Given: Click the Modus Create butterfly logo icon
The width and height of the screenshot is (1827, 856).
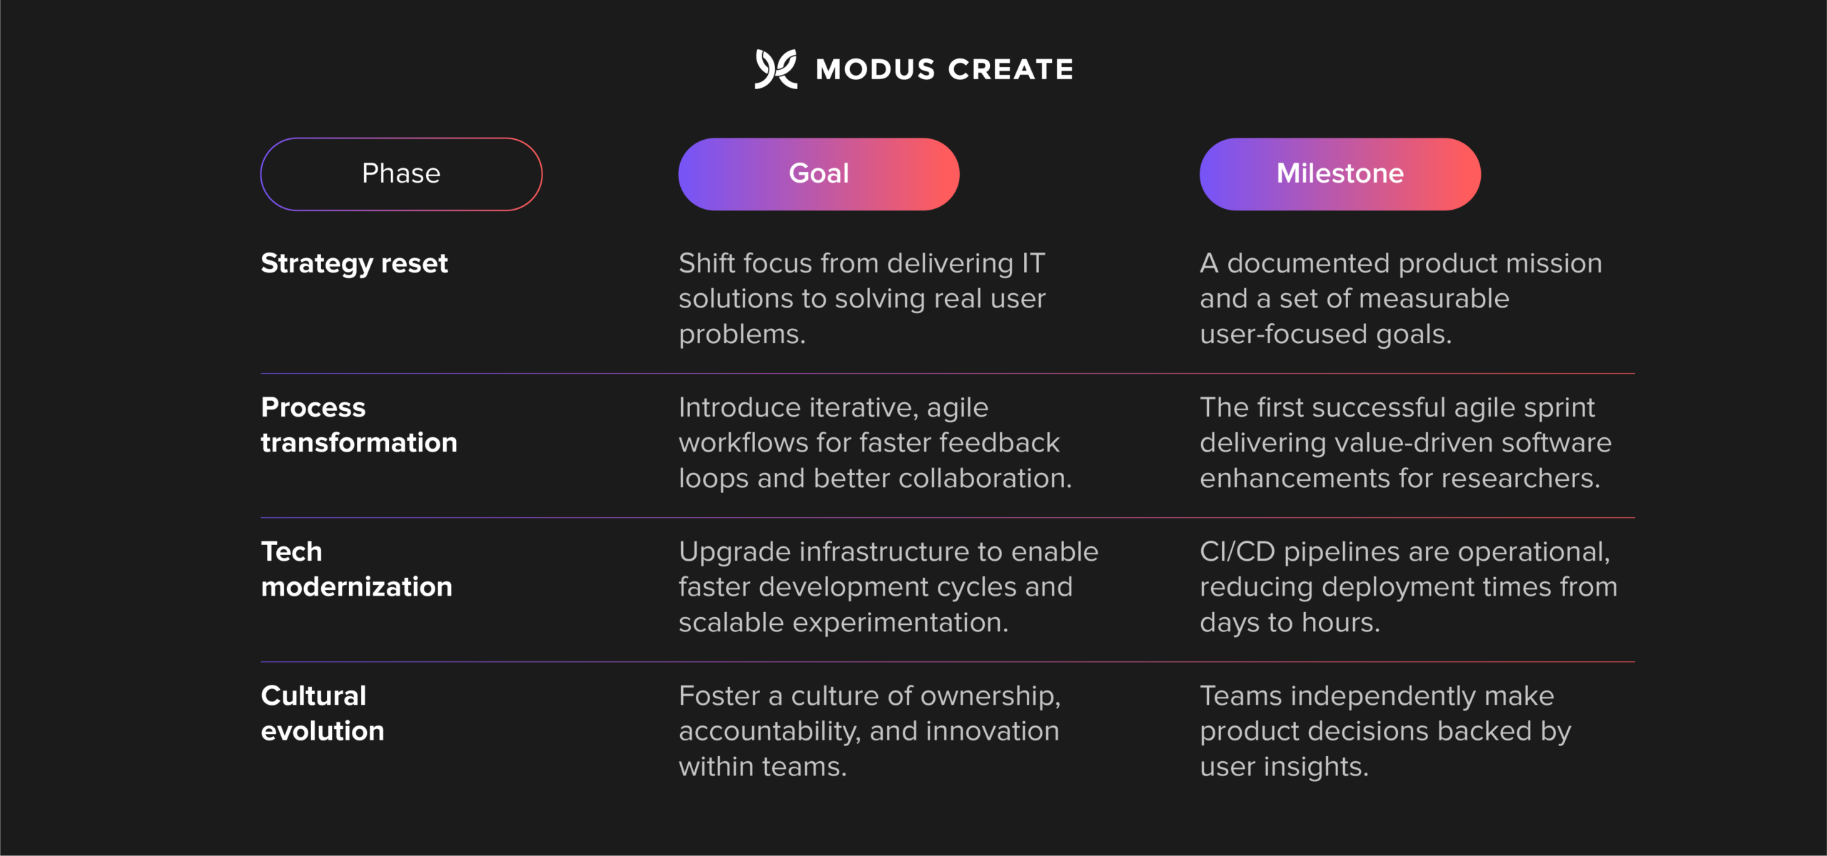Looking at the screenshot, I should (x=776, y=69).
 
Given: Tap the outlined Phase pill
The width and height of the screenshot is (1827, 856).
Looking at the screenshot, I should (x=401, y=174).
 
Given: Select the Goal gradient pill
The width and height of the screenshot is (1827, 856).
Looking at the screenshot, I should (x=819, y=174).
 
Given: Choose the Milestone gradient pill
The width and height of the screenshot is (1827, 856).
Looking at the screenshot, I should (x=1340, y=174).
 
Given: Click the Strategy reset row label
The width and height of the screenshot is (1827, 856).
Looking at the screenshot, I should (x=354, y=264).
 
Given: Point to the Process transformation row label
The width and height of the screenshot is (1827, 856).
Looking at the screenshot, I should (x=358, y=425).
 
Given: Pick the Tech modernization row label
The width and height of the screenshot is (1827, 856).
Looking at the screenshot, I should (x=356, y=569).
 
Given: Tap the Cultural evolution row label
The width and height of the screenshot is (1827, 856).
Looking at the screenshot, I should (x=322, y=713).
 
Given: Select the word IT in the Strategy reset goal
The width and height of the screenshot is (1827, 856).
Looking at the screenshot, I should (x=1033, y=264).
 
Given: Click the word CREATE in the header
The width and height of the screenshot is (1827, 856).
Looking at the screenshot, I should (x=1010, y=70).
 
